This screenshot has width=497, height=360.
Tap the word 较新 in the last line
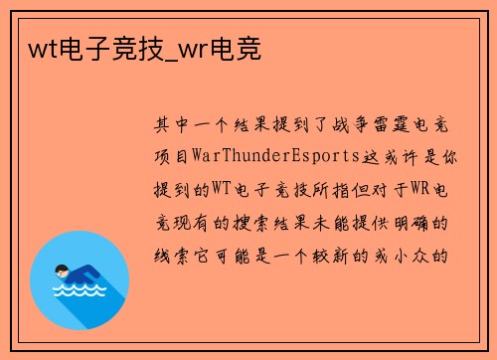[355, 255]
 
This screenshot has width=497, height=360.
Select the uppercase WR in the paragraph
[417, 190]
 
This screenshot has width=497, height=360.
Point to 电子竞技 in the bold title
[115, 47]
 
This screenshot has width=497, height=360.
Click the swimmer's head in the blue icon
[62, 269]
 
